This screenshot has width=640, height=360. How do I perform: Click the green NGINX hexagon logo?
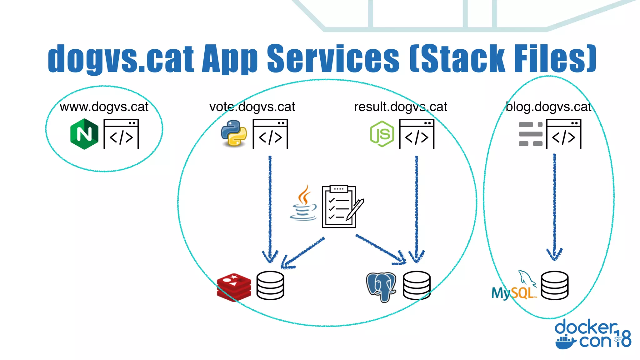coord(84,134)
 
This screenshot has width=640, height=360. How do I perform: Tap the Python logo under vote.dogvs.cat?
coord(234,134)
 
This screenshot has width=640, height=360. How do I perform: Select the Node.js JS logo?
coord(382,134)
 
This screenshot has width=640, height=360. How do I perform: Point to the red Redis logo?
coord(234,287)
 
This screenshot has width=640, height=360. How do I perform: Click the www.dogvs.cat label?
coord(104,107)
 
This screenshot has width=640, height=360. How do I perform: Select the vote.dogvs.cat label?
coord(252,107)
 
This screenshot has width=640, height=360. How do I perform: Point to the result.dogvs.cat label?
coord(400,107)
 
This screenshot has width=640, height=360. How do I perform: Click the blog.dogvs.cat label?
coord(548,107)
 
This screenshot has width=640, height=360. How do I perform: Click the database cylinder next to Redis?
coord(270,285)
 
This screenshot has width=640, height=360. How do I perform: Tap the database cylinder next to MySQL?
coord(555,285)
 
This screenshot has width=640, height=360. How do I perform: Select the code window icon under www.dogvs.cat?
coord(121,134)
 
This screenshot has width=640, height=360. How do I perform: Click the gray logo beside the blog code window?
coord(530,134)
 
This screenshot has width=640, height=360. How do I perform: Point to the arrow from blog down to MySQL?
coord(554,206)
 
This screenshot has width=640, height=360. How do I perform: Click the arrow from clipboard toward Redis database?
coord(302,252)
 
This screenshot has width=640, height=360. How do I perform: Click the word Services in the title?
coord(333,58)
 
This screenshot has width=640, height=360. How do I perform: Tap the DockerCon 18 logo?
coord(593,334)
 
